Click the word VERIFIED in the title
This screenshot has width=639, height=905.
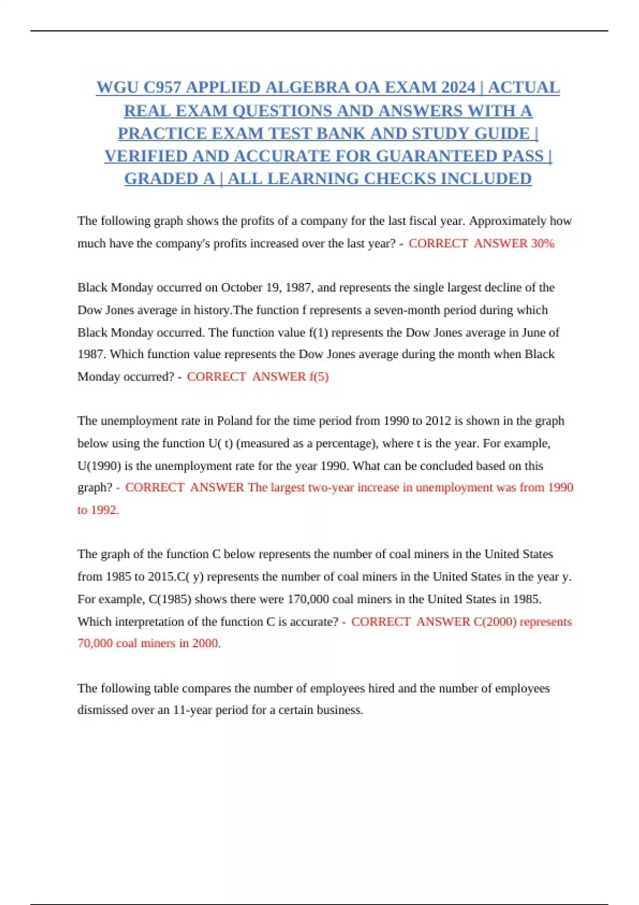pos(146,156)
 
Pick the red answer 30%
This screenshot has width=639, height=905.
pos(543,243)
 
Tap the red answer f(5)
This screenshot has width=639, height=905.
pos(318,376)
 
